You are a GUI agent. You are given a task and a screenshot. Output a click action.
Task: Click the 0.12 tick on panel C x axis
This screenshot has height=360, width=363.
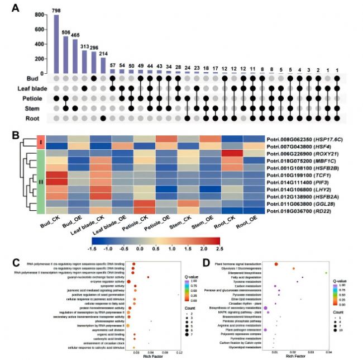pos(179,353)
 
